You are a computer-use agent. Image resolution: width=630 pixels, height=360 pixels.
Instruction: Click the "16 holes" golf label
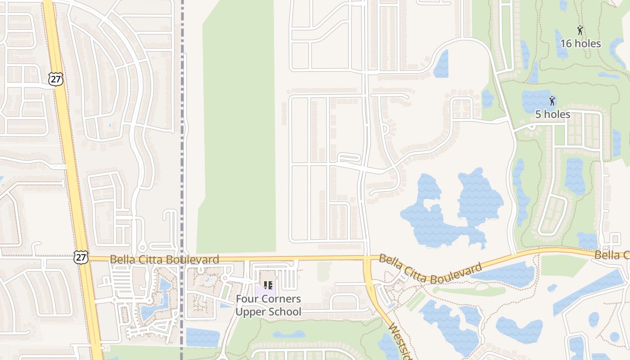(x=580, y=44)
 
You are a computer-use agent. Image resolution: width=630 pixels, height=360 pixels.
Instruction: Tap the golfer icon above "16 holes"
(x=580, y=31)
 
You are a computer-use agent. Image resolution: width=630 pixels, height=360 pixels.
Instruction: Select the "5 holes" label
(x=553, y=114)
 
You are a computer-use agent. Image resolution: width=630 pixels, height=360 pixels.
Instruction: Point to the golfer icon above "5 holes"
(x=552, y=101)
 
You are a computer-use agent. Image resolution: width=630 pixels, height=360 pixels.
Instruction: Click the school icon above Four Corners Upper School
(x=268, y=285)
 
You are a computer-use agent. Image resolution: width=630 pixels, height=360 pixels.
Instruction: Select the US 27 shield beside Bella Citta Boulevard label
(x=81, y=257)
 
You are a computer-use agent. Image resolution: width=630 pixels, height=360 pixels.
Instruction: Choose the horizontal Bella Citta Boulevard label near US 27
(x=164, y=260)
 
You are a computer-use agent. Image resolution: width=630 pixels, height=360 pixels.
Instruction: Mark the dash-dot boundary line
(x=183, y=135)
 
